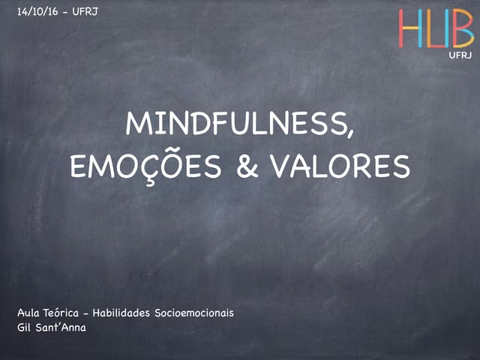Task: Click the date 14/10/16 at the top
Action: click(x=38, y=11)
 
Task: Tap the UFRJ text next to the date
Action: click(x=85, y=11)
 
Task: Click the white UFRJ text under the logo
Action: click(x=460, y=55)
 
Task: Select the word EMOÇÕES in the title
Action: click(x=147, y=166)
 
